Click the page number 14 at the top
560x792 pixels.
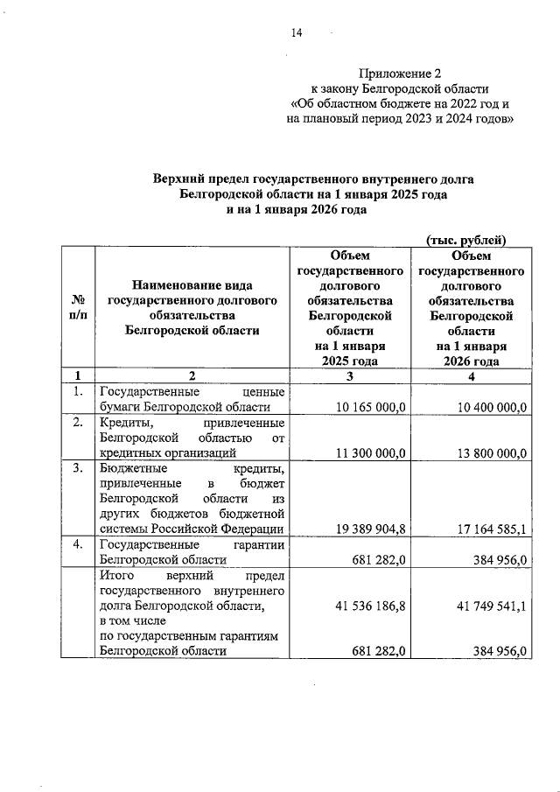coord(296,33)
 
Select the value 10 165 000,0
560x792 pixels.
coord(371,407)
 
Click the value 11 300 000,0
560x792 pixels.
coord(371,452)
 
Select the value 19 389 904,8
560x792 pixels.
coord(371,529)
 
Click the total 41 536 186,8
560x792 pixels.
coord(371,605)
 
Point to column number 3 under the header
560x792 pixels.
coord(349,376)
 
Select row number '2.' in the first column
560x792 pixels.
coord(77,423)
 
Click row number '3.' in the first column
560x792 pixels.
coord(77,468)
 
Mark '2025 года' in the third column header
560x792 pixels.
coord(349,361)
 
